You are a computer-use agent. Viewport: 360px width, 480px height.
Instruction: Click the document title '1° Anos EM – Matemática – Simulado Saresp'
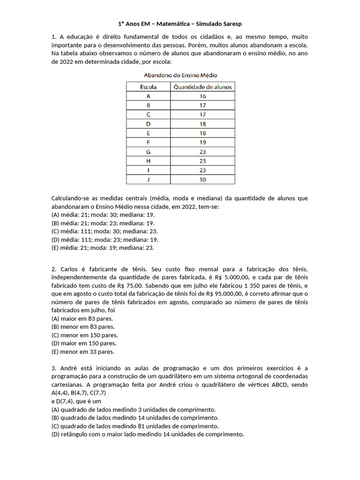point(180,23)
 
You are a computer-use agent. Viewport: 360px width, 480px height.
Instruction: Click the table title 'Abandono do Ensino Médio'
point(180,75)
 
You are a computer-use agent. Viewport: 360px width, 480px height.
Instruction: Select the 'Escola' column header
point(148,87)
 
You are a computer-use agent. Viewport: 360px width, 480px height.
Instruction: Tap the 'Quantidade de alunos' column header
point(202,87)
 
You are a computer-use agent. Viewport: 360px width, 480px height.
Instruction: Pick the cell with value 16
point(202,96)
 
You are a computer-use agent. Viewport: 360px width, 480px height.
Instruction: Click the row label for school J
point(148,180)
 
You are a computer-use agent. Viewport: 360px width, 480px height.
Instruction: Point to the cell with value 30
point(202,180)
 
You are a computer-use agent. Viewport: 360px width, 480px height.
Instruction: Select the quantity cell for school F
point(202,142)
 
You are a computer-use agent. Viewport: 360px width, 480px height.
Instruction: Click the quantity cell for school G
point(202,152)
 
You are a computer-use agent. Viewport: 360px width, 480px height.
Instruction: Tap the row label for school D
point(148,124)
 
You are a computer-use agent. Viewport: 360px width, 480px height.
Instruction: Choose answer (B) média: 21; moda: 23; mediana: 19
point(103,223)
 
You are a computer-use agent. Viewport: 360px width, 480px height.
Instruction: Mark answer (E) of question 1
point(103,248)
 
